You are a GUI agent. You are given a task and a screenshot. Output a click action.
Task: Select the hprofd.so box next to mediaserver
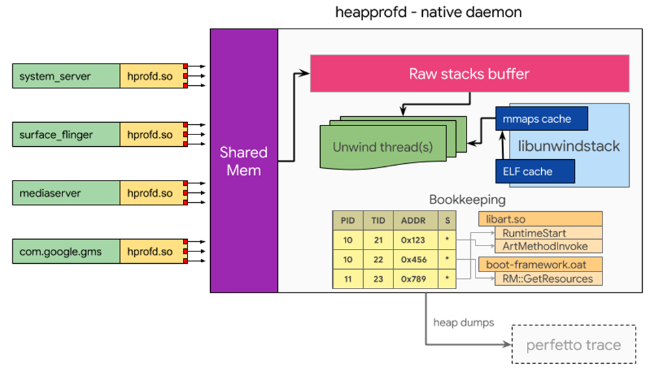[150, 193]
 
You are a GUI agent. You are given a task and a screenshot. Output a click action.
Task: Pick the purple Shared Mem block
[244, 161]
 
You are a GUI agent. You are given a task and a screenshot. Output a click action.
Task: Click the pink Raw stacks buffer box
[469, 73]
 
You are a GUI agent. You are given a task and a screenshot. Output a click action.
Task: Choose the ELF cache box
[535, 172]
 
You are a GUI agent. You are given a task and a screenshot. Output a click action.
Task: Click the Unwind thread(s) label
[383, 147]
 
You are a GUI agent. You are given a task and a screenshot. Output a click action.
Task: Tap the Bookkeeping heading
[467, 199]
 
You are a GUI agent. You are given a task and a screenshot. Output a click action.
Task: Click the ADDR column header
[413, 221]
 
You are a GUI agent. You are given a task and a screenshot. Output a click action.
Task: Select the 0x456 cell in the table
[413, 259]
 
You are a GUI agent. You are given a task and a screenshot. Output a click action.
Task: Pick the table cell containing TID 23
[378, 279]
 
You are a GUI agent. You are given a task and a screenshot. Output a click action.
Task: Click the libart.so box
[540, 219]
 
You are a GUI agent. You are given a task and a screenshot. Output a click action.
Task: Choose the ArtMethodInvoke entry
[545, 246]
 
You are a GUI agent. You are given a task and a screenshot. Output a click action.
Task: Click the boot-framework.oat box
[540, 264]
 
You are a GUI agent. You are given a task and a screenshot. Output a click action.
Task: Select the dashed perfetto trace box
[573, 344]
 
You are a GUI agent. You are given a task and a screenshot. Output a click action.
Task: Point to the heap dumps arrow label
[464, 322]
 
